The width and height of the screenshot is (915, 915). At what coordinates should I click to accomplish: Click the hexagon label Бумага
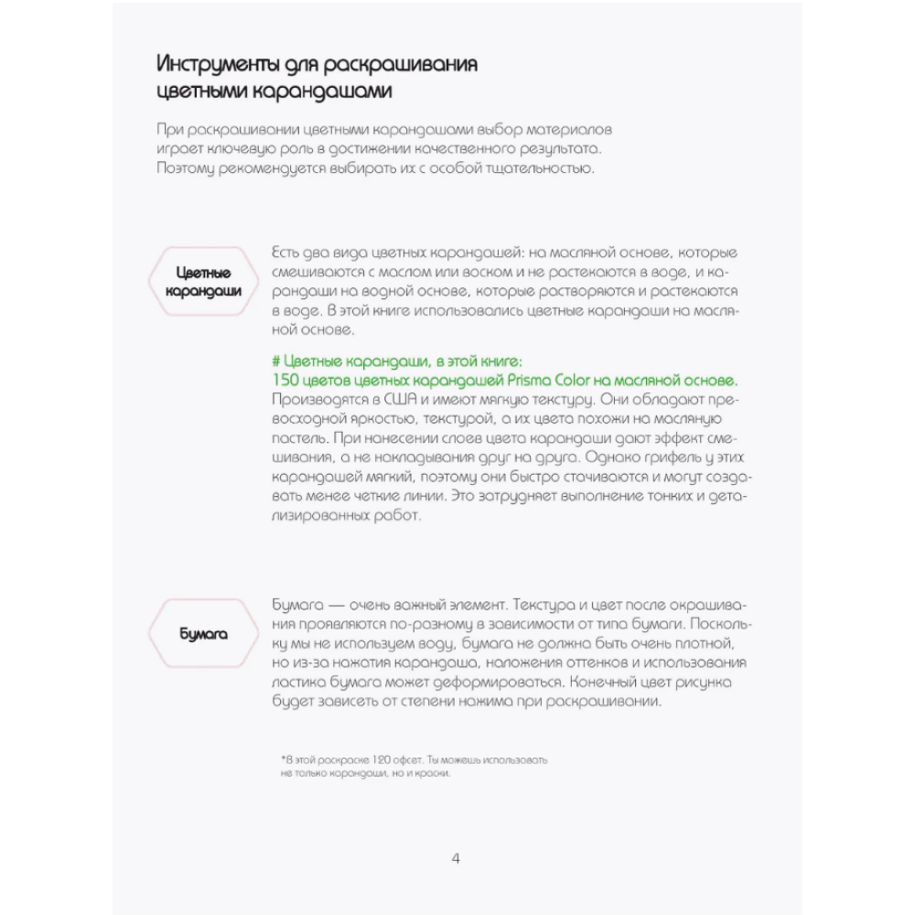[203, 634]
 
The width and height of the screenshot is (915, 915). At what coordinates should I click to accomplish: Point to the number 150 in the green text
[286, 380]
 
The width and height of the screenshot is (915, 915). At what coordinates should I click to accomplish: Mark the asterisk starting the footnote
[284, 759]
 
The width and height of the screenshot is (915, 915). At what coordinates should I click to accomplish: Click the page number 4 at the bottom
[457, 858]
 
